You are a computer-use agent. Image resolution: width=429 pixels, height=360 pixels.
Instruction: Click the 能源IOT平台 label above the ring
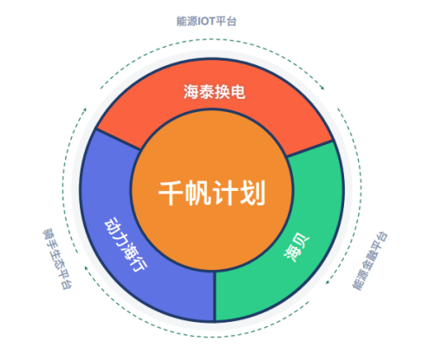tap(206, 21)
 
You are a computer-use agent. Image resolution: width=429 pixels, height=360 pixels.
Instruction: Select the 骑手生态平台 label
tap(57, 259)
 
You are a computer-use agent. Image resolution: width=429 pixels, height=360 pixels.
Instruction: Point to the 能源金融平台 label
tap(369, 260)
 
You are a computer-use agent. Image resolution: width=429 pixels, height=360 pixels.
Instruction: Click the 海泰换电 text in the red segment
tap(214, 92)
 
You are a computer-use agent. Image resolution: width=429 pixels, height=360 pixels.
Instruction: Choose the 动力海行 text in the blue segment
tap(126, 245)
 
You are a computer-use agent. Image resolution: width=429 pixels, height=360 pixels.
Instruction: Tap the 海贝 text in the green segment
tap(296, 246)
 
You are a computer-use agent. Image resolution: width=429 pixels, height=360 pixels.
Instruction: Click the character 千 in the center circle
tap(171, 193)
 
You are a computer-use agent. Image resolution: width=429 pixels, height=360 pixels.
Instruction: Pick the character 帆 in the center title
tap(198, 193)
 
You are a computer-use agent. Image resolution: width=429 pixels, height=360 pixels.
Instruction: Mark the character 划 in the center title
tap(252, 193)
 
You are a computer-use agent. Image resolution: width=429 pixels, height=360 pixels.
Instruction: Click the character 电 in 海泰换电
tap(237, 92)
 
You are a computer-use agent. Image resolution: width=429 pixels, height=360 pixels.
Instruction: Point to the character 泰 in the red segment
tap(206, 92)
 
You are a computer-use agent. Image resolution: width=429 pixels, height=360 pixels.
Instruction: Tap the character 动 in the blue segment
tap(112, 225)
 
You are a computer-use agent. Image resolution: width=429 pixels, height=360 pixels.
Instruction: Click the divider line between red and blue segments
tap(119, 139)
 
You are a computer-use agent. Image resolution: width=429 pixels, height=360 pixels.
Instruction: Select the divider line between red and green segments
tap(309, 148)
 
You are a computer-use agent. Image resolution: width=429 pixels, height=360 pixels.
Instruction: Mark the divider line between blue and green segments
tap(215, 296)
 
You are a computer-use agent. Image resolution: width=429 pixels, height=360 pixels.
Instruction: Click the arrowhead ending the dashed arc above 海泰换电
tap(322, 88)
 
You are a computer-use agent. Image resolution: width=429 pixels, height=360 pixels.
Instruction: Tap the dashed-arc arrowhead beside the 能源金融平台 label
tap(328, 282)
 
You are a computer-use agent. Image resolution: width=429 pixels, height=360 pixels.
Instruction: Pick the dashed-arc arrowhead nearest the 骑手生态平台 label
tap(86, 268)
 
